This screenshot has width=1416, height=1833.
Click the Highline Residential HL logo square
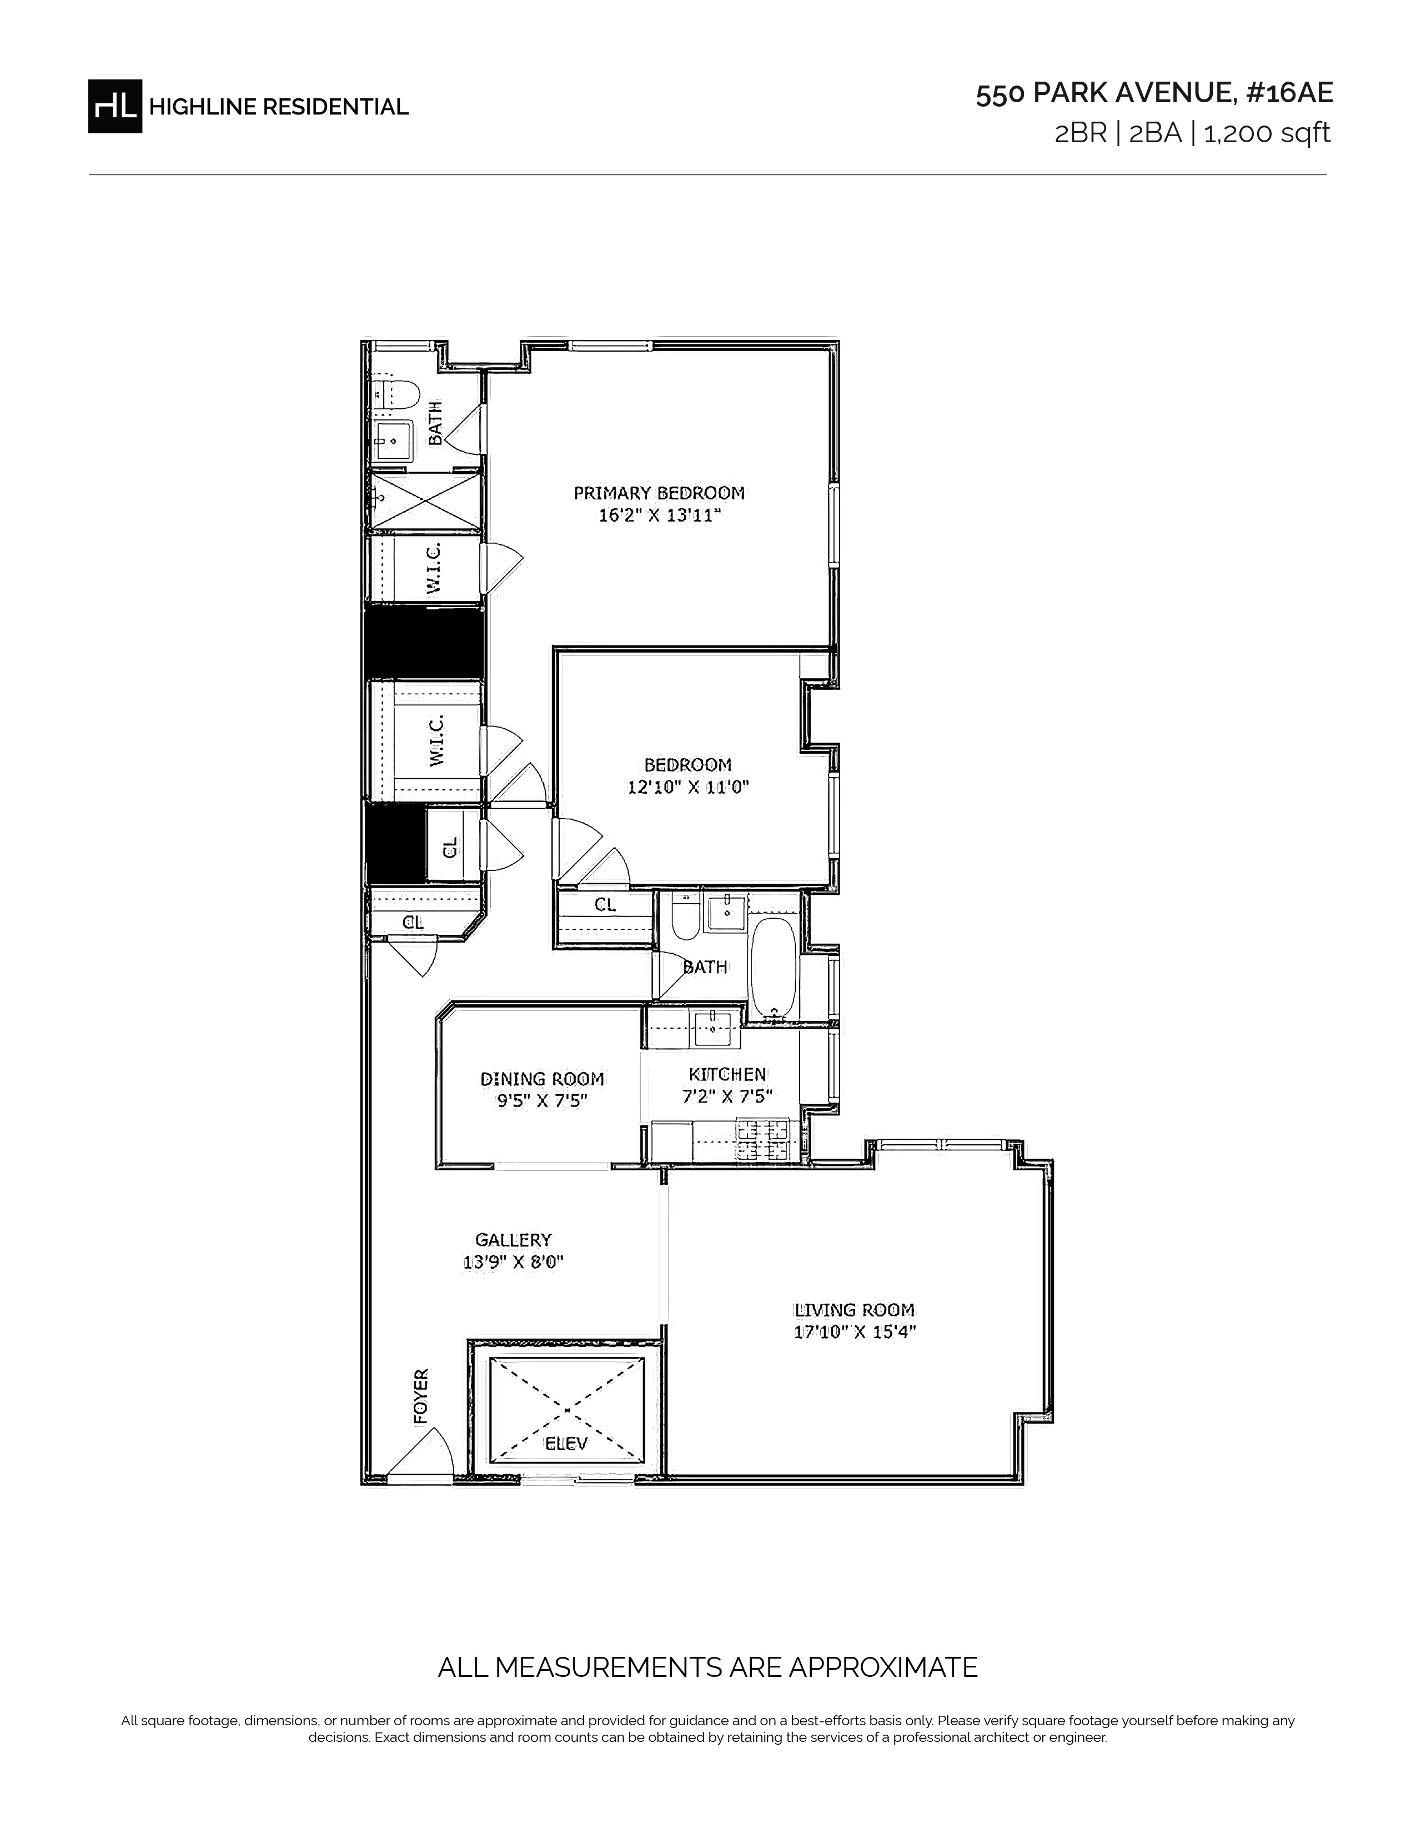[x=115, y=106]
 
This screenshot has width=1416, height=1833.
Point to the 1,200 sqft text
[x=1267, y=133]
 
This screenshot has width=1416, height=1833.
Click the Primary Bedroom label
[x=659, y=493]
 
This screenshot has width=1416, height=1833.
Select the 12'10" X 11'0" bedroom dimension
[x=688, y=787]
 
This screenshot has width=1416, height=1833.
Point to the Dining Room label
[x=542, y=1079]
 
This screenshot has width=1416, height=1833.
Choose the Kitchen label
[x=727, y=1074]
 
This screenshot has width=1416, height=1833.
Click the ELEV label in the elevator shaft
[x=566, y=1444]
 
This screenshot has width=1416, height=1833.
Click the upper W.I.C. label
[x=434, y=568]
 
